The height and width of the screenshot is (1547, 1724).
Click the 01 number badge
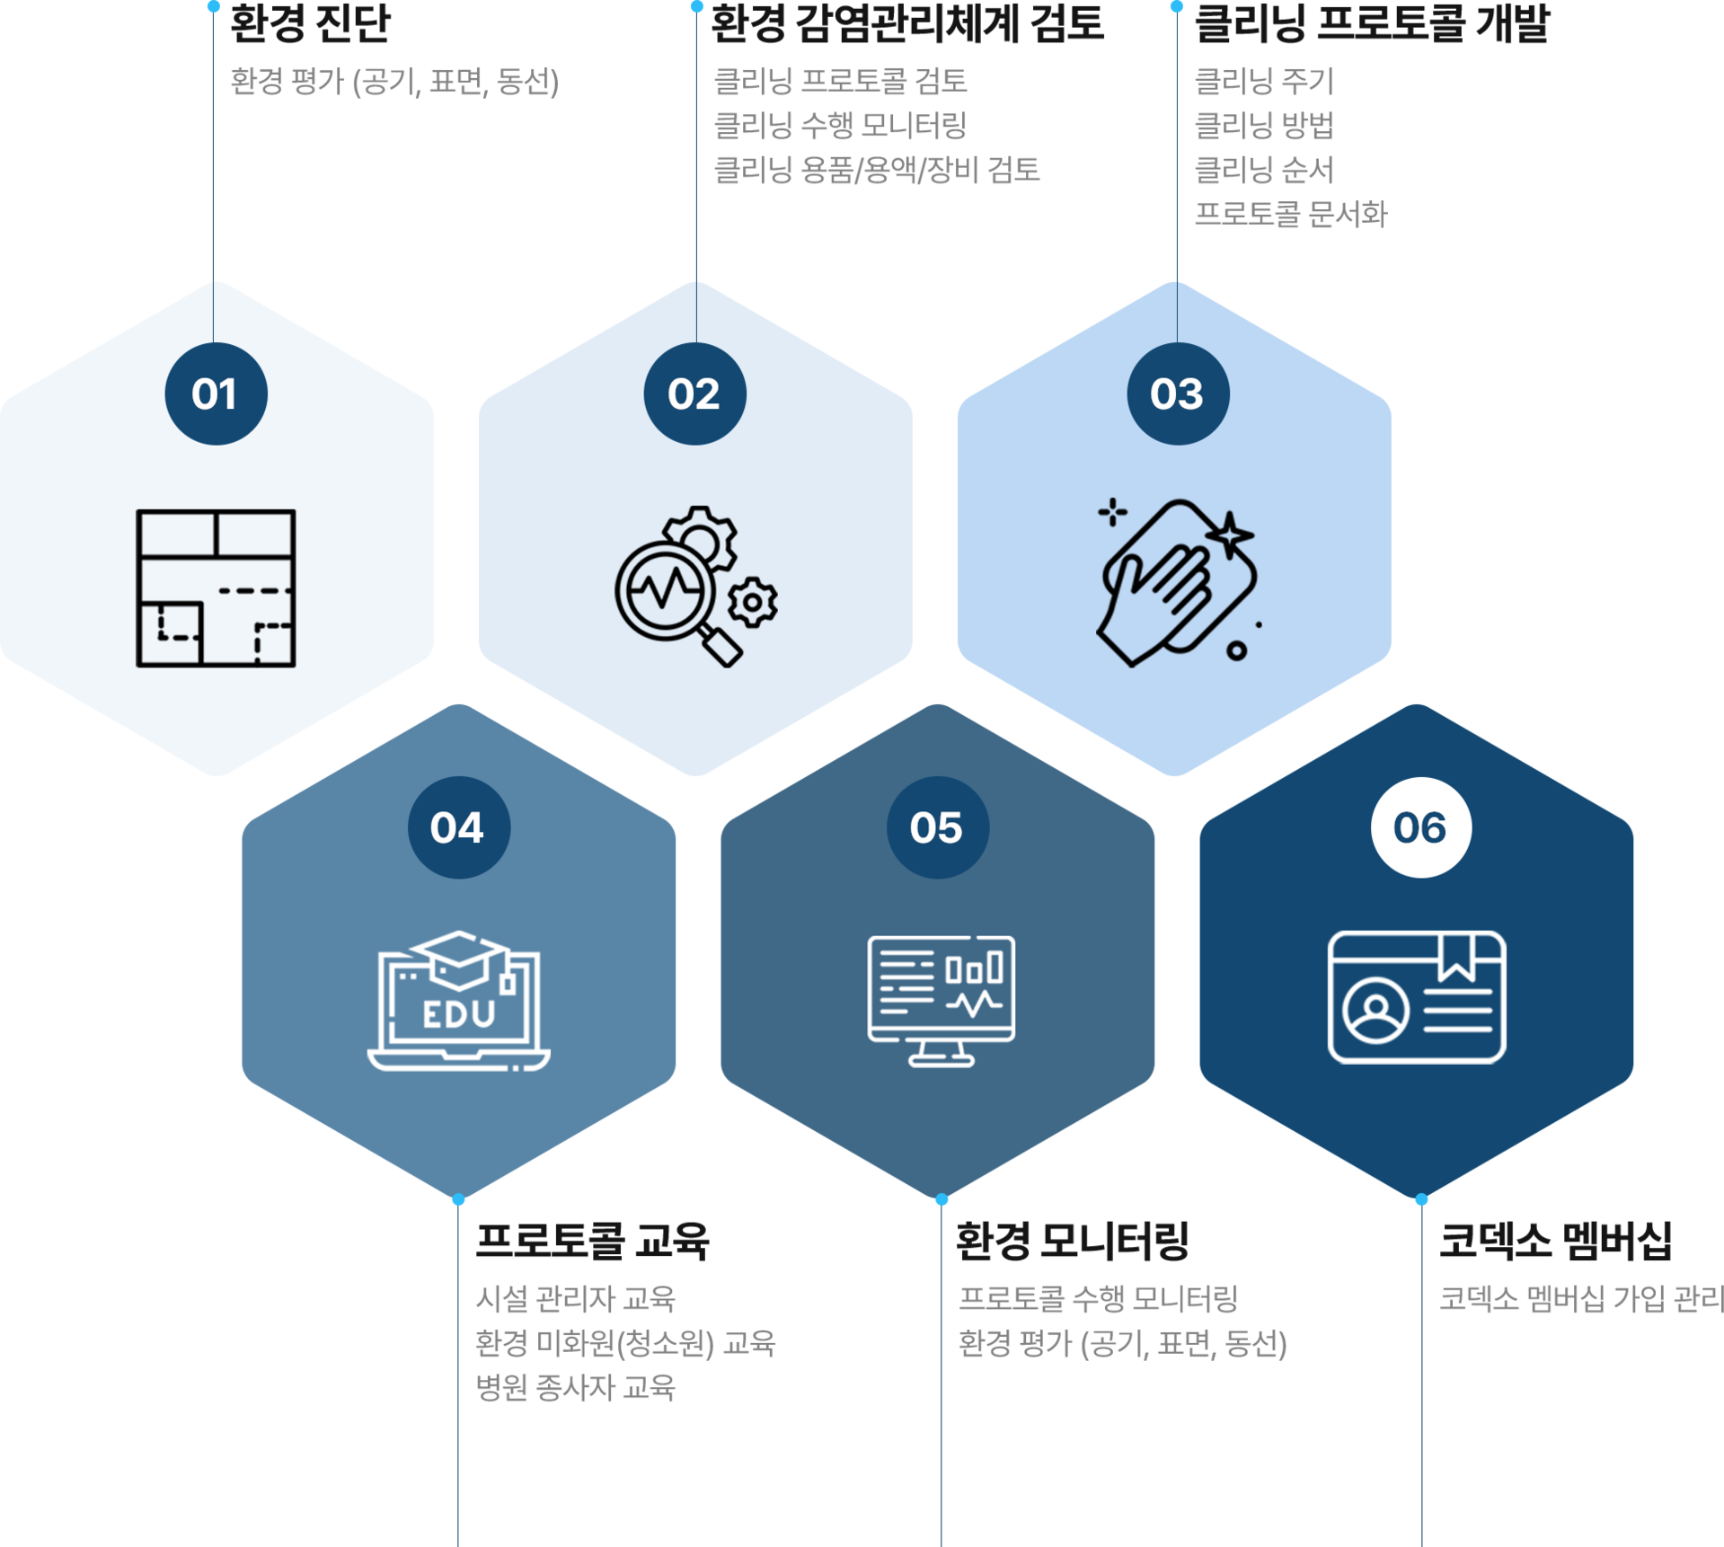pos(216,393)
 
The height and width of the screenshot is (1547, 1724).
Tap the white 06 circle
pos(1420,827)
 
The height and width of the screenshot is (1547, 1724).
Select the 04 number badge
pos(458,827)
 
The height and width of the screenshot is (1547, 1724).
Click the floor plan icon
pos(216,588)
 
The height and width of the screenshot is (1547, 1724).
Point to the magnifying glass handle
pos(721,646)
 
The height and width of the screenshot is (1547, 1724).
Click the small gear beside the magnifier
pos(753,602)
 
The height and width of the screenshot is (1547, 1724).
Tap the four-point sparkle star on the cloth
pos(1229,536)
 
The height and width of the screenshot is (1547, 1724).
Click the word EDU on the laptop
pos(459,1015)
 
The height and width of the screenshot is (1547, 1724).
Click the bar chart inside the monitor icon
pos(974,968)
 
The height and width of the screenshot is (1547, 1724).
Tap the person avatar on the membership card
pos(1375,1010)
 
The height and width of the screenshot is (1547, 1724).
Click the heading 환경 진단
pos(310,23)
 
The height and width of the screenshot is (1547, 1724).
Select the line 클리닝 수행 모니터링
pos(840,126)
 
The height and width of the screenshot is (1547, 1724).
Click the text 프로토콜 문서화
pos(1290,214)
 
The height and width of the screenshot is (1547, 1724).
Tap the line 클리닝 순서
pos(1263,170)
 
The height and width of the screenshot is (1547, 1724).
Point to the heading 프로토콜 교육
pos(592,1242)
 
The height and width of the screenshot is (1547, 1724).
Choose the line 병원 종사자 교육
pos(575,1388)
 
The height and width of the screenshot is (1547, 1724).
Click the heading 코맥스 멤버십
pos(1555,1242)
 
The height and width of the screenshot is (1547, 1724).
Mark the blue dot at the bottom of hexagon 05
pos(942,1200)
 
